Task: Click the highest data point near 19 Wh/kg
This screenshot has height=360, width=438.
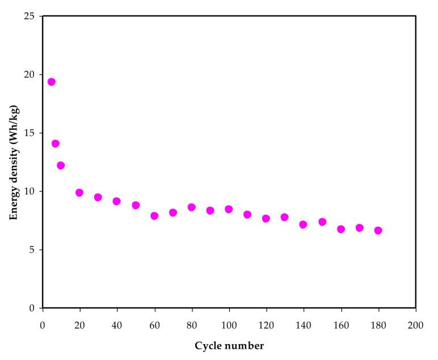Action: (52, 82)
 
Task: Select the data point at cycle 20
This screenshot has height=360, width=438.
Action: (79, 193)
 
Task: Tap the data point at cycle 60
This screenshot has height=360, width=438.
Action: (154, 216)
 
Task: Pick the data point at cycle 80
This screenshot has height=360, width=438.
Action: (192, 207)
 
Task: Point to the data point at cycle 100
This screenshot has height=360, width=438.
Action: (229, 209)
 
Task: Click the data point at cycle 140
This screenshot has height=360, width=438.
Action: (303, 225)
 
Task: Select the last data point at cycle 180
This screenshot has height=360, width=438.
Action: (378, 231)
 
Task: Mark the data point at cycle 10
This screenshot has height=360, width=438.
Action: (61, 166)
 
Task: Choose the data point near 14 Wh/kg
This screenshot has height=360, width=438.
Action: (56, 143)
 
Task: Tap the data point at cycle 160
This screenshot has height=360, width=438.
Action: (340, 230)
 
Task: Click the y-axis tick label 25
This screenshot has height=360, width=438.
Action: (31, 16)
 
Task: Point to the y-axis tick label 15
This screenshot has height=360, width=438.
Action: (31, 133)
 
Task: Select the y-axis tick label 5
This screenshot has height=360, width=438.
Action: (33, 250)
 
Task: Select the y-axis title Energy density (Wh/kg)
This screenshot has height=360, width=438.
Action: (14, 163)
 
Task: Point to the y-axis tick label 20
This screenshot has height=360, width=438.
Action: (31, 75)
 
